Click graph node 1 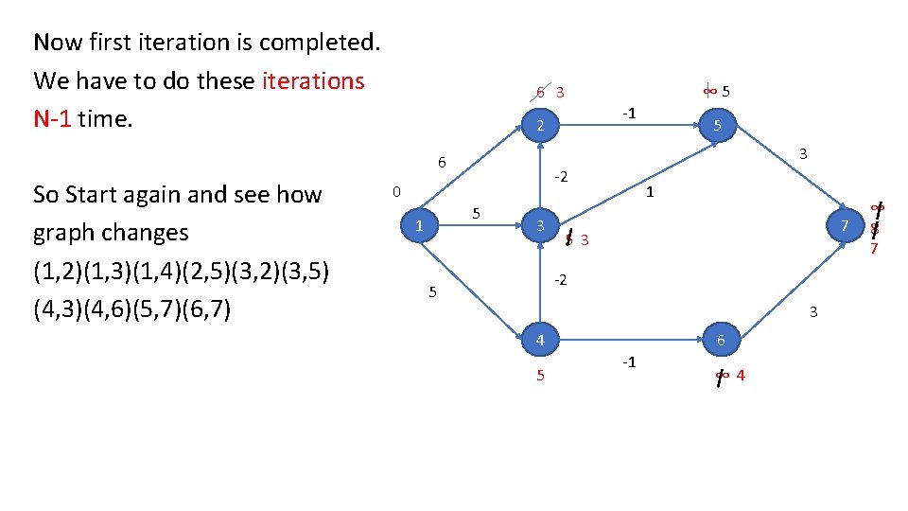(x=417, y=225)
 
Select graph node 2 (x=538, y=127)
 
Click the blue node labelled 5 (x=719, y=126)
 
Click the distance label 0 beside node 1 (x=397, y=192)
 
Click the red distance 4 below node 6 (x=740, y=376)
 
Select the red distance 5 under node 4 (x=540, y=376)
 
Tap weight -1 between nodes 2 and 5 (x=629, y=114)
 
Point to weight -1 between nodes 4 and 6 (x=628, y=362)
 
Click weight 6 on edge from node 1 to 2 (x=442, y=162)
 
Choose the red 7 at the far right (x=875, y=249)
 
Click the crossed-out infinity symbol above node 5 (x=708, y=91)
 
